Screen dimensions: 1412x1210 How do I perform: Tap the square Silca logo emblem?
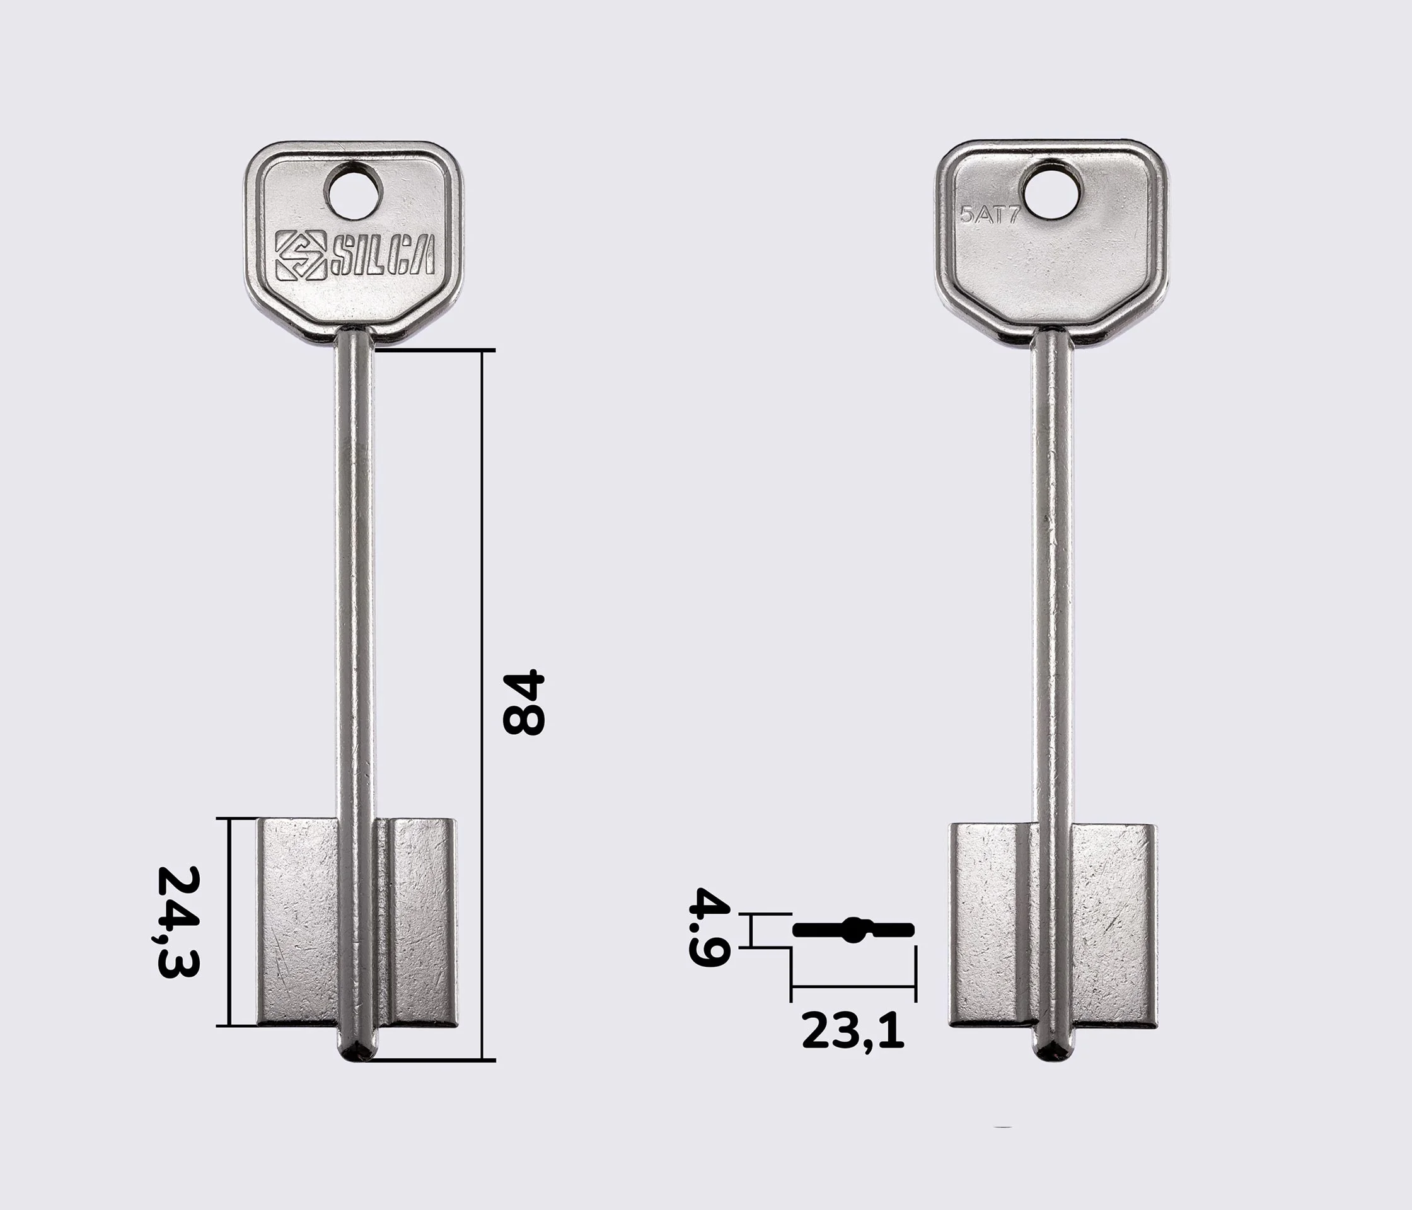tap(300, 255)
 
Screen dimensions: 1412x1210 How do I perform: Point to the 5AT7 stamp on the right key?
tap(990, 216)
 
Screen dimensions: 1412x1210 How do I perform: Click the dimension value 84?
tap(524, 703)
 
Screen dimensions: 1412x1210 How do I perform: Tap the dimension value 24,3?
tap(178, 922)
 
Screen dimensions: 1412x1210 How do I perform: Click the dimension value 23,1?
tap(852, 1031)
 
